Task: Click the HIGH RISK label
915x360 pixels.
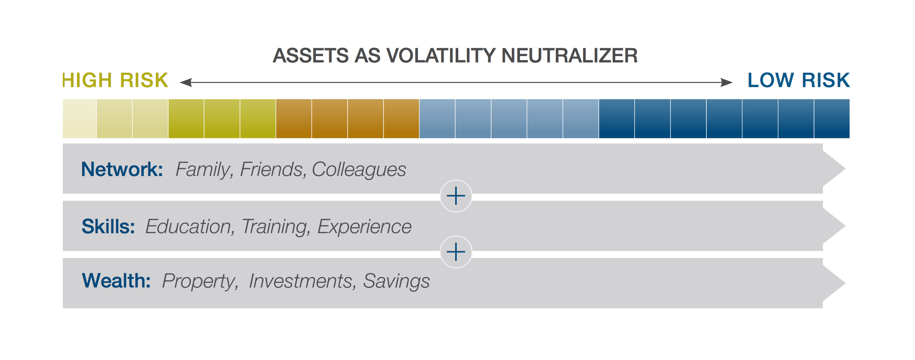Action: tap(115, 80)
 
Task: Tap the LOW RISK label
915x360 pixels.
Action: tap(799, 80)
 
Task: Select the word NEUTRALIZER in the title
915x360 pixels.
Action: tap(569, 56)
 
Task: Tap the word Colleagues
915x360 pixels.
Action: tap(359, 170)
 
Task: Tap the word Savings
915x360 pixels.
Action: tap(396, 282)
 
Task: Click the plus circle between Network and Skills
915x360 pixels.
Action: tap(456, 196)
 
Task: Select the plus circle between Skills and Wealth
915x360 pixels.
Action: tap(456, 252)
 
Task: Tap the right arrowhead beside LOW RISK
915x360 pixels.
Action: tap(727, 82)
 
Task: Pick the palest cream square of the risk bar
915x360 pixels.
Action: tap(79, 119)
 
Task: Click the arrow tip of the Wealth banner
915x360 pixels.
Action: tap(845, 283)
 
